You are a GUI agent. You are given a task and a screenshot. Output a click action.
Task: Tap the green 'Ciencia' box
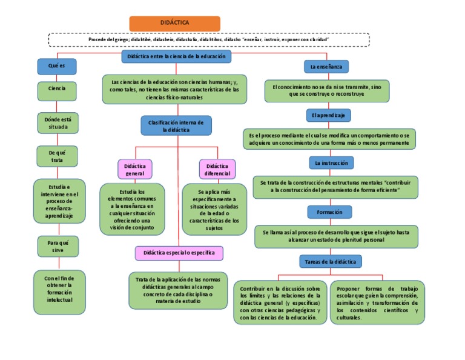(57, 90)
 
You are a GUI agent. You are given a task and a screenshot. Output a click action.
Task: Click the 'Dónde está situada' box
(57, 123)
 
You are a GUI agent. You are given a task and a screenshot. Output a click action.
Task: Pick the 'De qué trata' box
(57, 156)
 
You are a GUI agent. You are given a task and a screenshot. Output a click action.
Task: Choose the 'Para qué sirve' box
(57, 246)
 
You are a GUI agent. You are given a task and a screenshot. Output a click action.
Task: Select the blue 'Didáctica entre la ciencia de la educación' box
(176, 56)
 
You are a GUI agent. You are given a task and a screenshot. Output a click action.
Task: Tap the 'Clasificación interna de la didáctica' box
(176, 125)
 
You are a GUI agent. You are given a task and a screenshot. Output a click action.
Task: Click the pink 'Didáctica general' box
(134, 169)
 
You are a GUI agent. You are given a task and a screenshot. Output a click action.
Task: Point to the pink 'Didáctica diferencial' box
(217, 169)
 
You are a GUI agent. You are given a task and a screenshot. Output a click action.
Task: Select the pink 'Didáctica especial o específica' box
(179, 252)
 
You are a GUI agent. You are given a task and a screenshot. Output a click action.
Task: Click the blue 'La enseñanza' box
(326, 66)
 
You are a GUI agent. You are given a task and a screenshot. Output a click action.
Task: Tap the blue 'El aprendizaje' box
(328, 115)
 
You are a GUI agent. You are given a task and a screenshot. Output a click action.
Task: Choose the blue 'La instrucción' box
(330, 163)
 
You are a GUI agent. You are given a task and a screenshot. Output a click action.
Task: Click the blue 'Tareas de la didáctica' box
(331, 261)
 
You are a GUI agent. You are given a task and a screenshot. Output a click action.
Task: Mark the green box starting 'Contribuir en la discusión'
(280, 302)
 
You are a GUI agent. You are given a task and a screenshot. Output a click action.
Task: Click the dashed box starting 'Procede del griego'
(208, 39)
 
